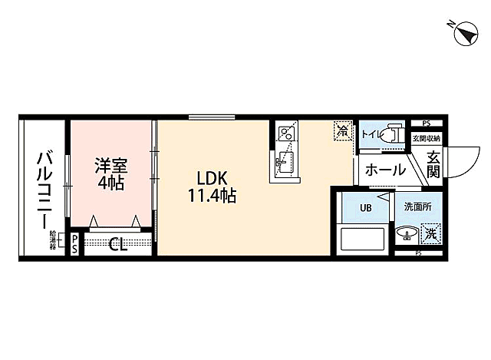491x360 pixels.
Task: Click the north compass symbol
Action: pos(464,33)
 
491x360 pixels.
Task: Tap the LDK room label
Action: pos(210,174)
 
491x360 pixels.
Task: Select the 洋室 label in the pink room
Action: pos(110,165)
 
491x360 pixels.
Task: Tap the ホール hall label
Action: pos(384,170)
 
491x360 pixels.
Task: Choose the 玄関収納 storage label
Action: pos(427,138)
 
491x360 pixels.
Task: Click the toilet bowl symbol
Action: pos(392,132)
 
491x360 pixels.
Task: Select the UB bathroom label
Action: pos(365,208)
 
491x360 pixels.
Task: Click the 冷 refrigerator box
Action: pos(341,132)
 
